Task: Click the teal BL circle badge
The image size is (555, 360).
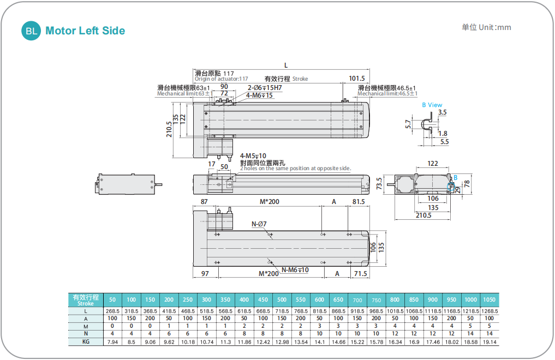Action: (32, 31)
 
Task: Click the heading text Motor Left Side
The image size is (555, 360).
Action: (85, 31)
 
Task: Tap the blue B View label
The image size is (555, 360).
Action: (432, 105)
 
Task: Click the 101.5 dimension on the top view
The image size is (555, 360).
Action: (356, 79)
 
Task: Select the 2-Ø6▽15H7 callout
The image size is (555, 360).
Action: (265, 87)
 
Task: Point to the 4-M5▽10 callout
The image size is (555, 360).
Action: (253, 156)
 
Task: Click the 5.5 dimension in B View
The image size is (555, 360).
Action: (444, 141)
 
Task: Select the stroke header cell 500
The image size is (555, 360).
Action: (282, 299)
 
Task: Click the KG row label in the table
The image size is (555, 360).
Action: (86, 341)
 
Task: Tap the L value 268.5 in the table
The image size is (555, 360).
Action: (112, 311)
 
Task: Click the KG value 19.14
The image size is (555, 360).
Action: (489, 341)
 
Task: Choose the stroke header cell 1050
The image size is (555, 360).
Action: (489, 299)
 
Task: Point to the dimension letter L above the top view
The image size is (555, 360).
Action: (286, 65)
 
